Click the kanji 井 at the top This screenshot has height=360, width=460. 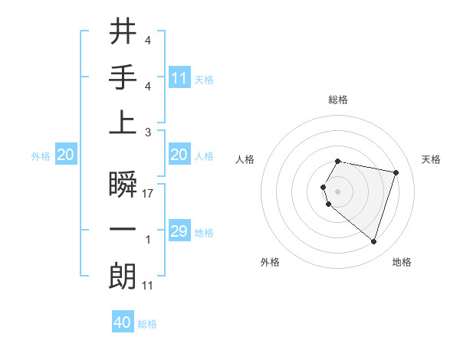pos(123,33)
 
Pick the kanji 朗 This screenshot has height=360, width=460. pos(123,277)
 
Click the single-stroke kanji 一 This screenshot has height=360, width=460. pos(123,231)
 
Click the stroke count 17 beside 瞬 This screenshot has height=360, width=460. pos(148,194)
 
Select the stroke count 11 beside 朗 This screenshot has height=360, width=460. pos(148,286)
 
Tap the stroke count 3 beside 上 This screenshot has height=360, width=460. pos(148,131)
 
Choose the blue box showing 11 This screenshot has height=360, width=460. pos(179,77)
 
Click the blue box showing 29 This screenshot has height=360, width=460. pos(179,231)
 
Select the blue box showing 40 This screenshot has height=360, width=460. pos(123,322)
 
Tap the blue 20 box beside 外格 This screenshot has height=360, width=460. pos(65,155)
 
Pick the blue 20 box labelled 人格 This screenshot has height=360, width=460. pos(179,155)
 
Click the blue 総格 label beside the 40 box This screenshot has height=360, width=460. pos(147,324)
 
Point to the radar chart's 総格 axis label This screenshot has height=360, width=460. pos(338,100)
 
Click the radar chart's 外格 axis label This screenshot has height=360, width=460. pos(270,262)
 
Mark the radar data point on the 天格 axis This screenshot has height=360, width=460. pos(396,172)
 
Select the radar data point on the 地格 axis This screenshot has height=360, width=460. pos(373,241)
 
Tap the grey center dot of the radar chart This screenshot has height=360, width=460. pos(338,191)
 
